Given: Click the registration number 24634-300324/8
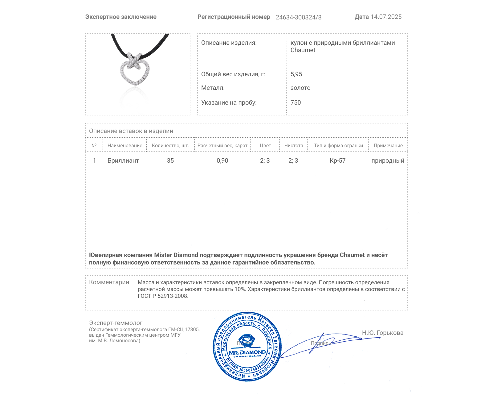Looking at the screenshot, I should click(298, 17).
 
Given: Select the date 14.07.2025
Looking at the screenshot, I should click(386, 17).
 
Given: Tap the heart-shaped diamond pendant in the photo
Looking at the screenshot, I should click(135, 70).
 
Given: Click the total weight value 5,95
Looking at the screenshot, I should click(296, 74).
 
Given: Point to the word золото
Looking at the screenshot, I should click(300, 88).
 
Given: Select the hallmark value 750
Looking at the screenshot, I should click(295, 102).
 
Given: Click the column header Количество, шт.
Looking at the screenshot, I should click(170, 145).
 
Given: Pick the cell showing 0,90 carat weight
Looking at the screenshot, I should click(222, 160).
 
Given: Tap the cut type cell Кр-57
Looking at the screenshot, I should click(337, 160).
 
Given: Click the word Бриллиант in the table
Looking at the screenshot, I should click(123, 160).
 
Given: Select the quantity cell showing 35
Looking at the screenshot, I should click(170, 160).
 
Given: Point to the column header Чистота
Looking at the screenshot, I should click(294, 145).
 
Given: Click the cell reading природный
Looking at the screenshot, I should click(388, 160).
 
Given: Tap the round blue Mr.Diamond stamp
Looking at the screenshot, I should click(247, 346).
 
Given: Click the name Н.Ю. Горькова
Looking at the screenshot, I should click(382, 333).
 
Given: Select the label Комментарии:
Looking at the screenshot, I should click(110, 282).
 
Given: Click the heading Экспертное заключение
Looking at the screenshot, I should click(121, 17).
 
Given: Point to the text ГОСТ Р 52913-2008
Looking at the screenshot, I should click(163, 296).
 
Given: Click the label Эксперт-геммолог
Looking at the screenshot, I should click(116, 323).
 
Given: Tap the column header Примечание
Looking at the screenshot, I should click(388, 145).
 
